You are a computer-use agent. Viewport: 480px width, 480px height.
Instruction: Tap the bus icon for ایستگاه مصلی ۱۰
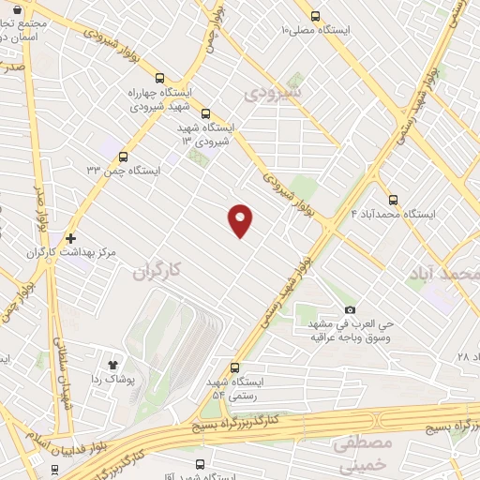tap(315, 15)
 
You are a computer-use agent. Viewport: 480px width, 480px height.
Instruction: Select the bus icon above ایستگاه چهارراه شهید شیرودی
tap(160, 79)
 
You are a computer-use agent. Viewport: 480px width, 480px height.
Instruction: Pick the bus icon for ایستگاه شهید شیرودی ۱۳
tap(206, 114)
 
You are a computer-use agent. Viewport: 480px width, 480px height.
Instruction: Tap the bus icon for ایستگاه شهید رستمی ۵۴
tap(235, 367)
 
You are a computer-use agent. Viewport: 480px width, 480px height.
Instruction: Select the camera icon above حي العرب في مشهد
tap(351, 310)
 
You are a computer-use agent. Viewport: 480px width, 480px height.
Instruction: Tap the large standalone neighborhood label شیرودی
tap(272, 94)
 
